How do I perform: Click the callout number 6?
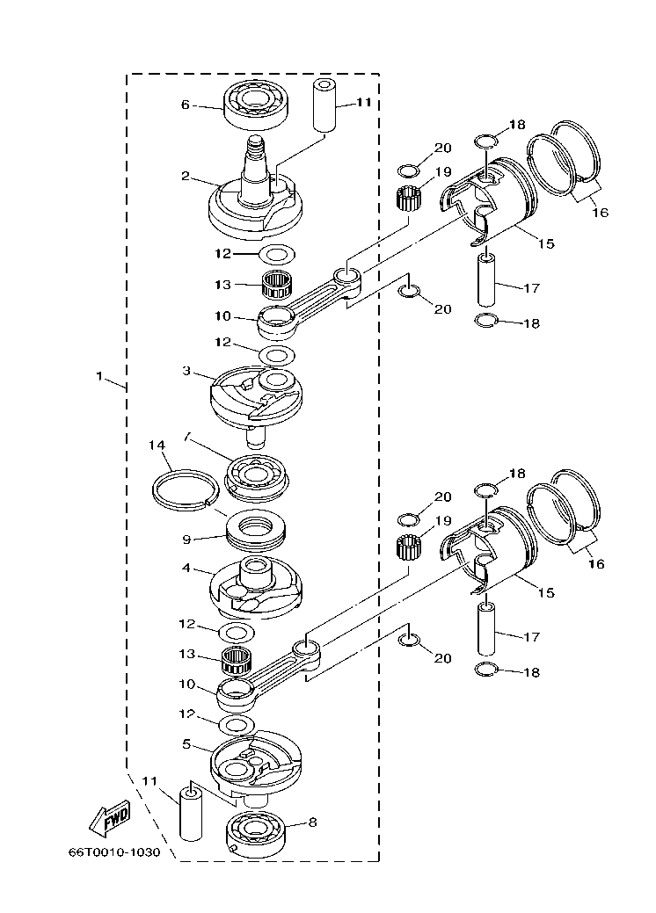click(186, 105)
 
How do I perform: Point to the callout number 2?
click(186, 177)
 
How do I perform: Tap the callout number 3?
click(186, 372)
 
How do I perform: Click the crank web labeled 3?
click(256, 395)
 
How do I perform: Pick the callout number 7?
click(186, 436)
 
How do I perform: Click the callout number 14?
click(158, 446)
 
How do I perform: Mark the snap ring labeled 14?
click(185, 489)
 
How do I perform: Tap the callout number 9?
click(186, 539)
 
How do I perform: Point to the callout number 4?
click(186, 569)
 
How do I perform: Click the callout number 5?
click(186, 743)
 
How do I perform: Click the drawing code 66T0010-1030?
click(114, 853)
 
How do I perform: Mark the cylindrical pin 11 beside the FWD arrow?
click(192, 813)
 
